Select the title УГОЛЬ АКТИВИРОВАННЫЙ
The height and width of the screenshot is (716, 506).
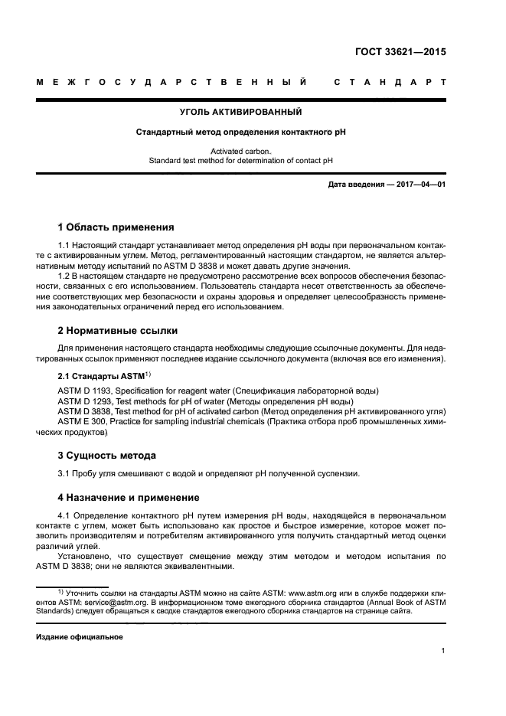[241, 113]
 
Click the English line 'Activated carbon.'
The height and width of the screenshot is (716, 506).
[241, 152]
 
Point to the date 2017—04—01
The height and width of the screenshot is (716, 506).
[419, 185]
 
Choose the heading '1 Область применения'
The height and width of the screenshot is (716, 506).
[116, 227]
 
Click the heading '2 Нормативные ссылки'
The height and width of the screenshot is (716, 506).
[118, 331]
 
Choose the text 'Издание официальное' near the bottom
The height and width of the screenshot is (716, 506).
[80, 636]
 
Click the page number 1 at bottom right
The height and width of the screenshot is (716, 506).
[443, 651]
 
